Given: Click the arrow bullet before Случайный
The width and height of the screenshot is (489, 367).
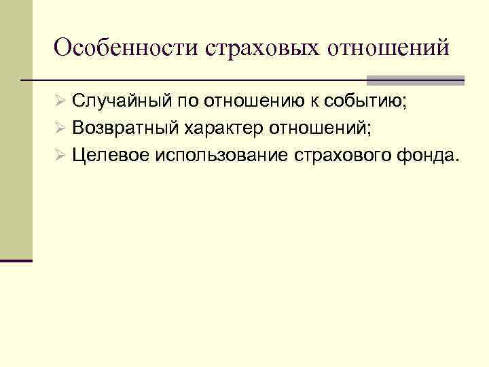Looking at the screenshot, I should (x=60, y=103).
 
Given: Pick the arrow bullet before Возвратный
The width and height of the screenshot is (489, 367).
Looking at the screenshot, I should (x=60, y=128).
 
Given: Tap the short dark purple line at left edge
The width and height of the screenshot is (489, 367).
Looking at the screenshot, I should (x=16, y=260).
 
